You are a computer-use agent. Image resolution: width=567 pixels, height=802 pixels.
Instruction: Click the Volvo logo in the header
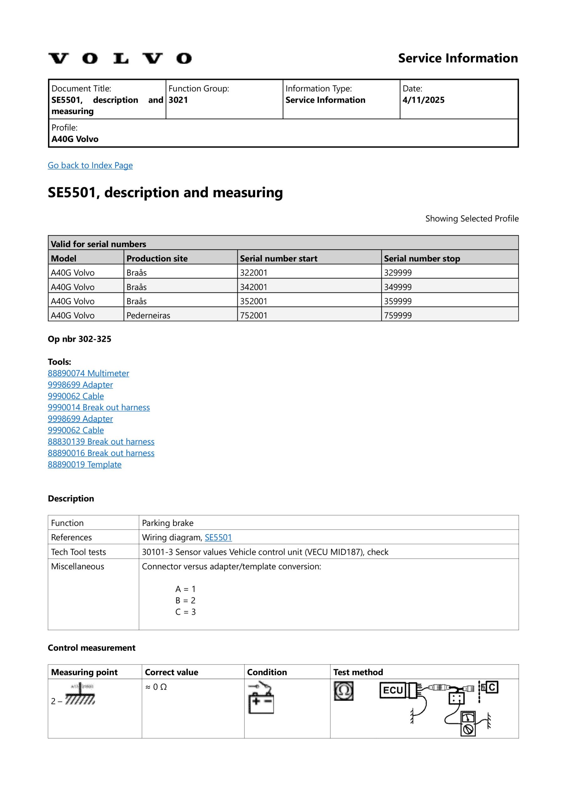coord(120,58)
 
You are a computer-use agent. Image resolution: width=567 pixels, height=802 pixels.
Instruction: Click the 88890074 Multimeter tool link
coord(88,373)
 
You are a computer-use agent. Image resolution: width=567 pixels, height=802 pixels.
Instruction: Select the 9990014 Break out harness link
coord(99,407)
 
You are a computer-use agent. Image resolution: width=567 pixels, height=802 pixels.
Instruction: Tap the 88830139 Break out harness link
coord(101,441)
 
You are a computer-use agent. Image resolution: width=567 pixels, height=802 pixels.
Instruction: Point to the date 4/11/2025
coord(423,100)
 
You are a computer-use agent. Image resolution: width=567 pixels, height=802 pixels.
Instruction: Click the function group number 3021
coord(178,100)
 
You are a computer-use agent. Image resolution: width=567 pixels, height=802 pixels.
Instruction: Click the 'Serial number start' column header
coord(278,258)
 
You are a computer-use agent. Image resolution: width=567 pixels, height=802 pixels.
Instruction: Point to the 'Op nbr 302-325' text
coord(79,339)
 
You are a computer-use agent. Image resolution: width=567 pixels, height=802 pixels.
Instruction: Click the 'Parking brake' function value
coord(167,523)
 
